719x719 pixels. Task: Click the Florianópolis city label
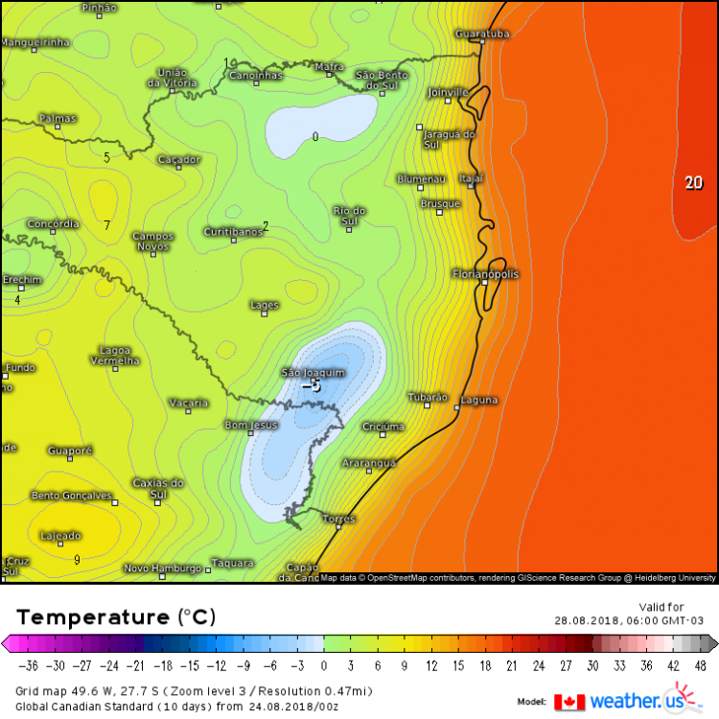pyautogui.click(x=485, y=274)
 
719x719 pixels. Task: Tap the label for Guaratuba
pyautogui.click(x=482, y=34)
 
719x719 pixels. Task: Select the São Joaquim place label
pyautogui.click(x=312, y=371)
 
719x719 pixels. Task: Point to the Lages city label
pyautogui.click(x=264, y=305)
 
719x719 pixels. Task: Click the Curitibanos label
pyautogui.click(x=233, y=231)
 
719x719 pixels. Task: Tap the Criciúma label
pyautogui.click(x=383, y=426)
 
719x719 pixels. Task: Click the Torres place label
pyautogui.click(x=338, y=518)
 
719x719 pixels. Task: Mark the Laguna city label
pyautogui.click(x=479, y=399)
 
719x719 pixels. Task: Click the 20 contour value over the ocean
pyautogui.click(x=693, y=182)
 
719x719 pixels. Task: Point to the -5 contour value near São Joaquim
pyautogui.click(x=311, y=385)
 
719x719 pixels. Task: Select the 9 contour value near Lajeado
pyautogui.click(x=77, y=559)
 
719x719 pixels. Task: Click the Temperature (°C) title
pyautogui.click(x=116, y=615)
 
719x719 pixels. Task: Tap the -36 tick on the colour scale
pyautogui.click(x=32, y=665)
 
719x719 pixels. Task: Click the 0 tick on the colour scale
pyautogui.click(x=324, y=665)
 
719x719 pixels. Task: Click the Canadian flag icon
pyautogui.click(x=569, y=702)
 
